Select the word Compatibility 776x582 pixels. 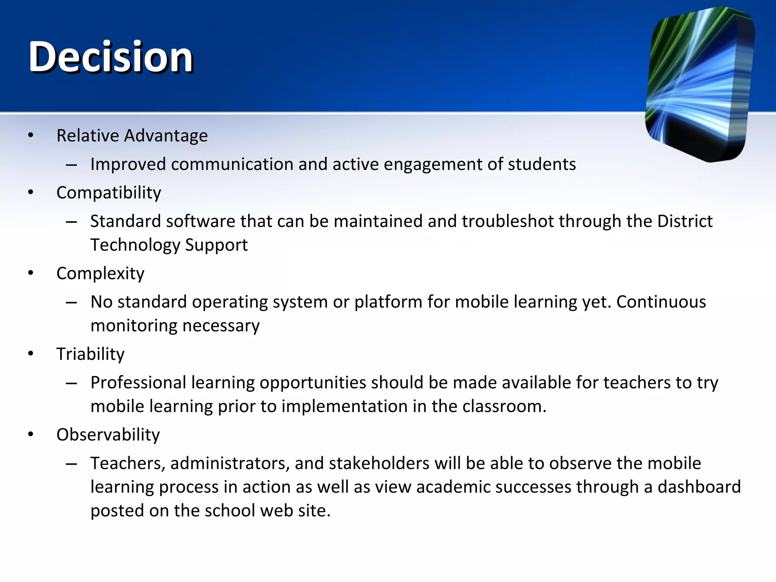point(108,193)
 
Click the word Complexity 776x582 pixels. point(100,274)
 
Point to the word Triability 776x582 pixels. point(90,354)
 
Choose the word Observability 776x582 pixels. point(108,435)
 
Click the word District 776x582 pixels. point(685,221)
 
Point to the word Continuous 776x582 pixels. point(661,302)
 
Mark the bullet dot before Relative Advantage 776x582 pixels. point(31,135)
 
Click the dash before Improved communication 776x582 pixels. point(71,165)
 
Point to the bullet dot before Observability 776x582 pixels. point(31,434)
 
